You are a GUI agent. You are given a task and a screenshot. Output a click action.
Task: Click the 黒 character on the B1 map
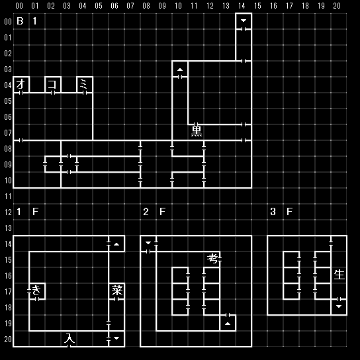point(197,132)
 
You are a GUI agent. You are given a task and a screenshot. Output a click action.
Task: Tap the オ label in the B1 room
point(21,84)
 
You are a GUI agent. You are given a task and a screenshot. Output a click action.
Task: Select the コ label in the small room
point(52,84)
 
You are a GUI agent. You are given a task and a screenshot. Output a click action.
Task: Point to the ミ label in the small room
point(83,84)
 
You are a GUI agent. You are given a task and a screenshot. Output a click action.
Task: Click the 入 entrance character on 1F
point(69,338)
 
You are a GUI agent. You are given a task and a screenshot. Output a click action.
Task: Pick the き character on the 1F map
point(36,291)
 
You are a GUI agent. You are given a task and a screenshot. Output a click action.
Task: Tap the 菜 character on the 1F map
point(117,290)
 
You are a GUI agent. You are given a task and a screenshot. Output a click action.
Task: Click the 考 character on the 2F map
point(212,259)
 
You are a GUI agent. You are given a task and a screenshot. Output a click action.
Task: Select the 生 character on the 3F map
point(339,275)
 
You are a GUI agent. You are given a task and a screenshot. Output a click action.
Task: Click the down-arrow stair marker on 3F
point(339,306)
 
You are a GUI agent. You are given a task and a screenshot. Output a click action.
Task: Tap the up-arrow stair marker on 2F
point(228,324)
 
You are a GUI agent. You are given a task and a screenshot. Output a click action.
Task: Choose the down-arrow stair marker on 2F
point(148,243)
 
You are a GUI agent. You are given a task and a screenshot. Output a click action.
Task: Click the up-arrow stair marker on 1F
point(116,244)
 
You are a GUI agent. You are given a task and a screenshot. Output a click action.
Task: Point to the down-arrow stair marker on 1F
point(116,338)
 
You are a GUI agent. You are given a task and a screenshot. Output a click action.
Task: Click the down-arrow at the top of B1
point(244,21)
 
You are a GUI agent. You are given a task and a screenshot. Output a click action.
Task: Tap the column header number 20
point(337,6)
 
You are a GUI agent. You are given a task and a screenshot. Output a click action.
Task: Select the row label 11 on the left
point(8,197)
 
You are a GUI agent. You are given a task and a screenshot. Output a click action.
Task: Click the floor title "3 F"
point(281,212)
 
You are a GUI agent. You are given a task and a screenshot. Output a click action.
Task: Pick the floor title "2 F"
point(154,212)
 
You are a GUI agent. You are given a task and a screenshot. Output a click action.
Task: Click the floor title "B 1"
point(26,21)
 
